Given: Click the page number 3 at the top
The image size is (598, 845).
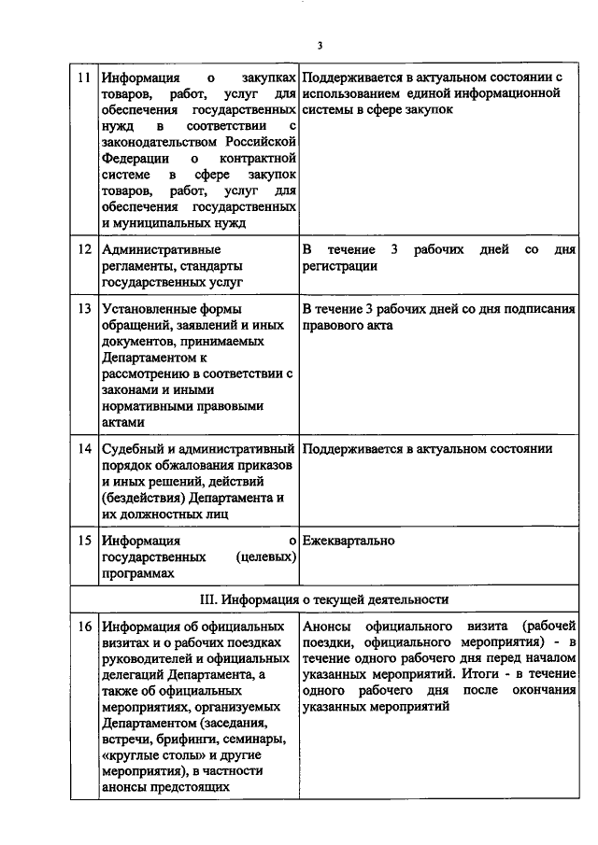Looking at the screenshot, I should (319, 45).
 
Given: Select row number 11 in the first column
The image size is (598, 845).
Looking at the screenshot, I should (83, 76).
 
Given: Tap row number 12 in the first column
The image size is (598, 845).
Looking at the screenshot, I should (83, 249).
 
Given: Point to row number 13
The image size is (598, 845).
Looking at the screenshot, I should (83, 309).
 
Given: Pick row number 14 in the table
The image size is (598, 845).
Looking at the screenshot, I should (83, 449).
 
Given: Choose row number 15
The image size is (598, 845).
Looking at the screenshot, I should (83, 541).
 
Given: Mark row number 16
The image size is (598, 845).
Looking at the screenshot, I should (83, 625).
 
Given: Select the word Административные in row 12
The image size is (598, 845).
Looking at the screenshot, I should (162, 249).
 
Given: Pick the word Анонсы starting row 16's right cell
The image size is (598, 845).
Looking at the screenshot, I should (326, 625).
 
